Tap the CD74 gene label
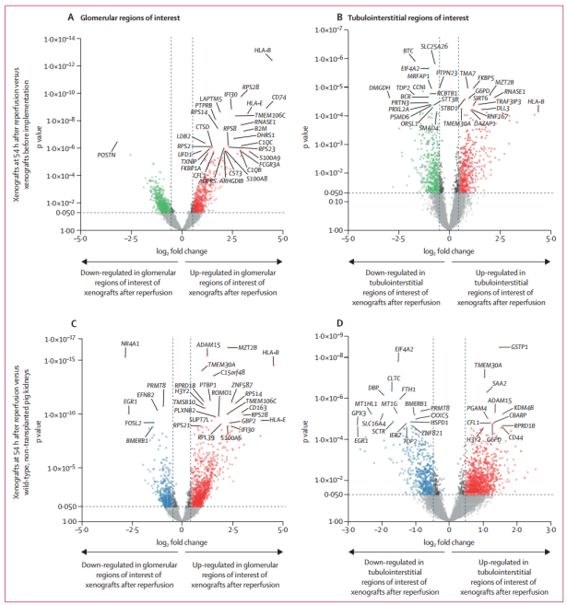click(278, 97)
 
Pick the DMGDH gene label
click(379, 87)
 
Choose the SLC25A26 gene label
click(434, 45)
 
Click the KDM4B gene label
click(525, 407)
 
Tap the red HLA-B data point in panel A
click(270, 60)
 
